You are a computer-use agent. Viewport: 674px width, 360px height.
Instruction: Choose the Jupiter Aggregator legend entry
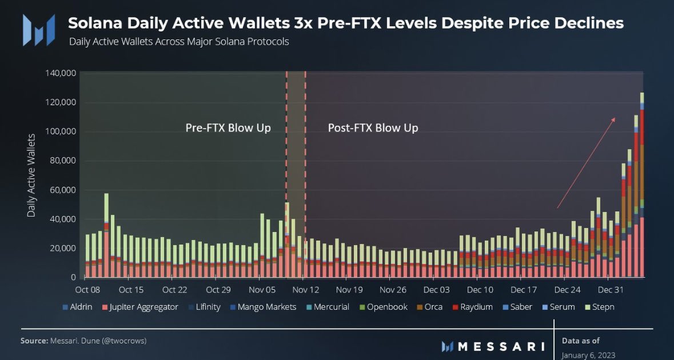tap(140, 307)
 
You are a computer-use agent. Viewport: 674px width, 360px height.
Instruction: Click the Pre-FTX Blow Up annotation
tap(228, 127)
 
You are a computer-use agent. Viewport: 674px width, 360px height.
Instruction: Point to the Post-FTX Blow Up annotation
tap(373, 127)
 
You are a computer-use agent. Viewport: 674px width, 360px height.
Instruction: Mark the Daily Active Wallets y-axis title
tap(31, 175)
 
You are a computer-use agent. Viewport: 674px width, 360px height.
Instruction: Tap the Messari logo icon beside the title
tap(39, 30)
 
